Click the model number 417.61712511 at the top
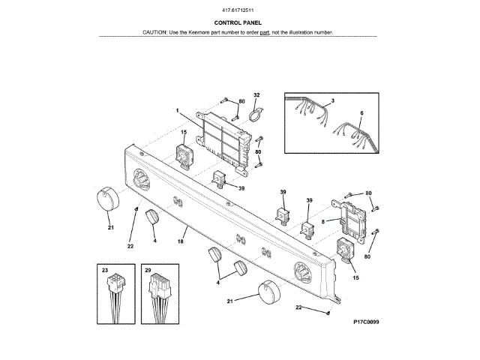[238, 10]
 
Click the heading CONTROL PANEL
[238, 23]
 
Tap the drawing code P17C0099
[366, 322]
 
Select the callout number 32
[256, 96]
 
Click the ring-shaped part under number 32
[255, 115]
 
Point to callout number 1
[178, 110]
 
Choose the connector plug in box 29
[160, 288]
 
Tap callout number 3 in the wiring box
[332, 100]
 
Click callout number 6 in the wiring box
[361, 113]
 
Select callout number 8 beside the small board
[323, 221]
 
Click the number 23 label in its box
[106, 270]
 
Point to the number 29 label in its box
[148, 270]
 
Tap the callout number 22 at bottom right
[298, 307]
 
